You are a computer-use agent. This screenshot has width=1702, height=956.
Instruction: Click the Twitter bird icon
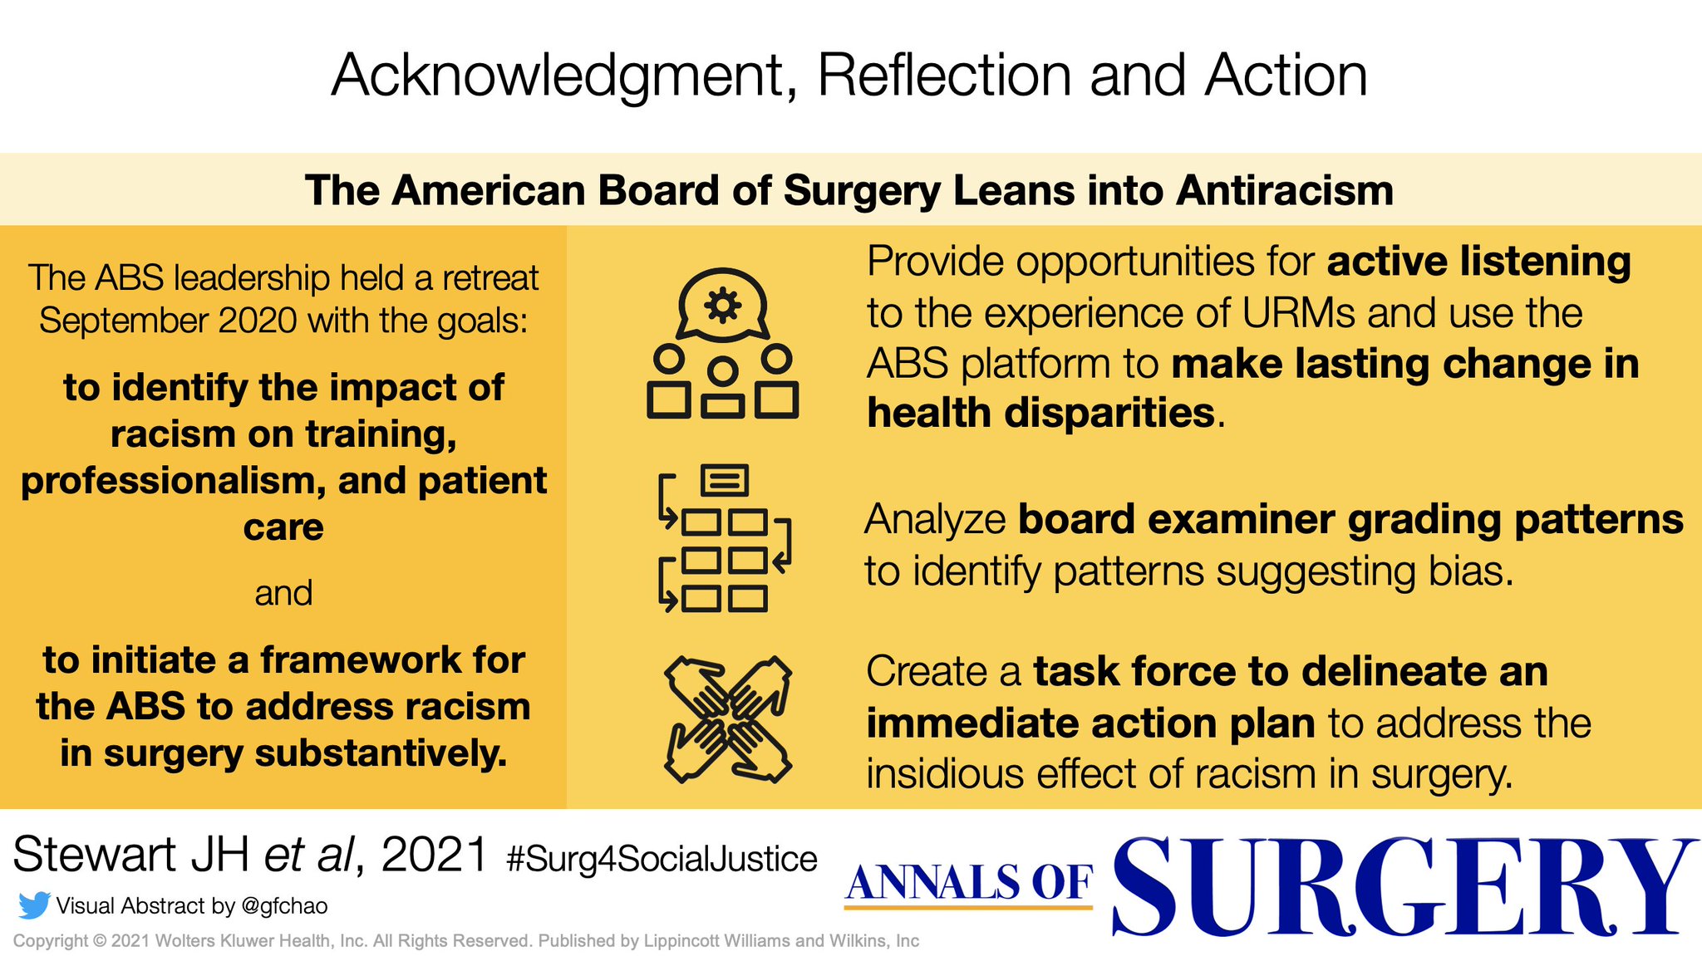click(x=34, y=905)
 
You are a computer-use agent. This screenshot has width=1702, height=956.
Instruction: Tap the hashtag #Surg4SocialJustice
click(x=662, y=859)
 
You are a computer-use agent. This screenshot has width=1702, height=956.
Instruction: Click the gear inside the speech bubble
click(x=722, y=306)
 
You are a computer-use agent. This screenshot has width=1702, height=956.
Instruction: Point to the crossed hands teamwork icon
click(x=728, y=719)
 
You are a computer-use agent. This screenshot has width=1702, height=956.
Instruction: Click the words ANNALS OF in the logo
click(x=969, y=883)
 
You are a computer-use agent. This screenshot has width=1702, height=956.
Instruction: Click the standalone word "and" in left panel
click(x=283, y=593)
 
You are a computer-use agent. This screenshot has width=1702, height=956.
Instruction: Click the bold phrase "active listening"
click(x=1478, y=262)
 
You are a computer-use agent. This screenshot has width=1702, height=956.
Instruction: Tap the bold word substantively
click(x=381, y=753)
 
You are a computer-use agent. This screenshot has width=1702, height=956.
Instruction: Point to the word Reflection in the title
click(x=945, y=76)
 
